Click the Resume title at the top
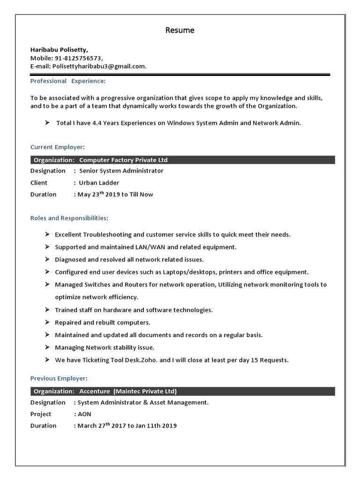(x=180, y=30)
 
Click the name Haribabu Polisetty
(x=59, y=49)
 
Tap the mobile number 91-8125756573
(x=78, y=58)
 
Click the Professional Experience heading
(x=68, y=81)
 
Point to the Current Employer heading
(x=58, y=147)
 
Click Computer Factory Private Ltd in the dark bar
(x=123, y=160)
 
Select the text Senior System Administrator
(x=121, y=171)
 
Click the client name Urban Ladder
(x=99, y=182)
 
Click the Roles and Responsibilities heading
(x=69, y=218)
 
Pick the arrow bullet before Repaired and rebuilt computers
(x=47, y=322)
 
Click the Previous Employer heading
(x=59, y=378)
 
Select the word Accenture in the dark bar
(x=95, y=391)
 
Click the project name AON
(x=85, y=414)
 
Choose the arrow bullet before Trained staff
(x=47, y=310)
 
